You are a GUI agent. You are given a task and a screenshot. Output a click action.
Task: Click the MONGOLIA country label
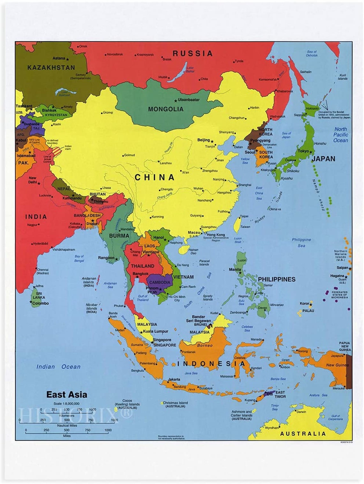[166, 109]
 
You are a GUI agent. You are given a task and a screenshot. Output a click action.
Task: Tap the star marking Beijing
[212, 141]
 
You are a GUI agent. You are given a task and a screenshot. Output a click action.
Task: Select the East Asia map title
[67, 395]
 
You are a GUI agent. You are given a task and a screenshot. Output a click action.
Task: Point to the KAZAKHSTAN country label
[51, 68]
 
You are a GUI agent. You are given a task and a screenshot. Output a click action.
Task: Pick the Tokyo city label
[303, 151]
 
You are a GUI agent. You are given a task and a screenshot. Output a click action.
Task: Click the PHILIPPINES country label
[277, 279]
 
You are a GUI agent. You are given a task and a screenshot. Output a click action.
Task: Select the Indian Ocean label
[58, 367]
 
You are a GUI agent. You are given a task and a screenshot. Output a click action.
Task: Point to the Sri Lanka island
[36, 297]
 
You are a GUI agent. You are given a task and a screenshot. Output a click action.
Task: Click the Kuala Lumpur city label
[155, 331]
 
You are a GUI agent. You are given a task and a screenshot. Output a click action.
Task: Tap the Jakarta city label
[174, 379]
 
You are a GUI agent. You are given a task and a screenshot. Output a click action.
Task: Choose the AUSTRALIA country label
[303, 434]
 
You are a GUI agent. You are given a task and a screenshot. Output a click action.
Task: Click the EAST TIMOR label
[280, 394]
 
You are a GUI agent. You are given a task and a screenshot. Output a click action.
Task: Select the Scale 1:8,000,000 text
[66, 404]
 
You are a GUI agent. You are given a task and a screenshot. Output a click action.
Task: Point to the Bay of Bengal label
[79, 258]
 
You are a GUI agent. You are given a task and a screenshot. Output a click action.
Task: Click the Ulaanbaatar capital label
[189, 100]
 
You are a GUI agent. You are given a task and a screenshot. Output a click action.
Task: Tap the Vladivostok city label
[278, 116]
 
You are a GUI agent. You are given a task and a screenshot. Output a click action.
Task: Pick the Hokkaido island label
[312, 108]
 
